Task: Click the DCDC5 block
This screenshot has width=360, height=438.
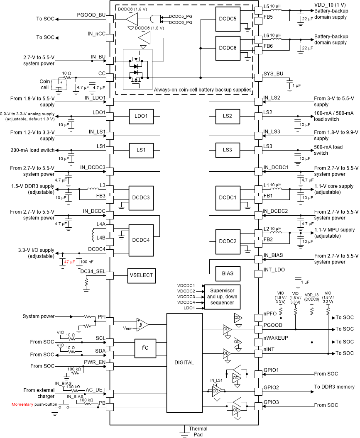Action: tap(228, 19)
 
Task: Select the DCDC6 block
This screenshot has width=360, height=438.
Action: tap(228, 48)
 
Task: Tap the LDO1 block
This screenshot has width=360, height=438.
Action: tap(141, 117)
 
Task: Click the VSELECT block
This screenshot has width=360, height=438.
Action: tap(141, 275)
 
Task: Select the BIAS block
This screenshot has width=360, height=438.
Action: tap(228, 273)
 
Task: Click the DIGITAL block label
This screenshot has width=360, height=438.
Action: tap(184, 363)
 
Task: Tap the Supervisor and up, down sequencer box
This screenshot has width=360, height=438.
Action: tap(222, 297)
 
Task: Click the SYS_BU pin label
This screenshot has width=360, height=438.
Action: tap(273, 73)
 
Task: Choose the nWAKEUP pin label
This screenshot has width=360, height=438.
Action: tap(275, 338)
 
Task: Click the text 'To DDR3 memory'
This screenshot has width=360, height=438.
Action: tap(334, 387)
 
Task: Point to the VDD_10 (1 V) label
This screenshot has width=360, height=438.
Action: tap(329, 5)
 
